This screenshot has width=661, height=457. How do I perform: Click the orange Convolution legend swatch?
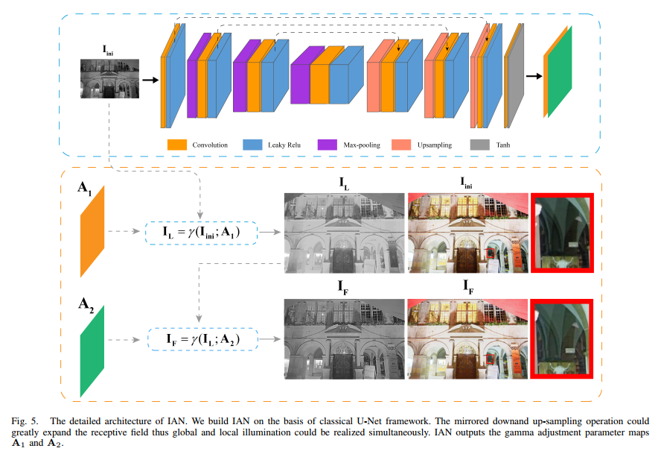pos(176,144)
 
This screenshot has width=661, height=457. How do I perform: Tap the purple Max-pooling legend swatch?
pos(328,144)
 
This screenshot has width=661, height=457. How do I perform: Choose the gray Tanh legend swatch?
pos(479,144)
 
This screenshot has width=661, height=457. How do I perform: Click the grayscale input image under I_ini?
pos(109,79)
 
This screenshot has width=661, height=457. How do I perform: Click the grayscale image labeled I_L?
pos(344,233)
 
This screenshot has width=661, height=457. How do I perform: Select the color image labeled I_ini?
pos(466,233)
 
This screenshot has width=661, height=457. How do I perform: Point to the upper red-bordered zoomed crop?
pos(562,233)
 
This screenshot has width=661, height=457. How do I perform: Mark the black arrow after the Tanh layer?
pos(533,75)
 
